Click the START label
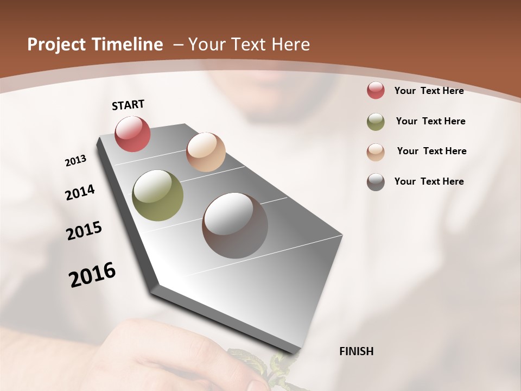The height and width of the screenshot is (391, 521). point(128,105)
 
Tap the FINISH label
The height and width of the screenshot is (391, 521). point(356,351)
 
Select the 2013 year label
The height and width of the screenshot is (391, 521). point(76,161)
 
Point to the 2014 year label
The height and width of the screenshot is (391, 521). point(80,192)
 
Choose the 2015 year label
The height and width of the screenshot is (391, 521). point(84,231)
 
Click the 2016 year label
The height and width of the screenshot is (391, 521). point(92,275)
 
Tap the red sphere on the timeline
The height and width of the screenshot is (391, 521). point(132,134)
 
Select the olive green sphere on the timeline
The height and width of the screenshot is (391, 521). point(157,195)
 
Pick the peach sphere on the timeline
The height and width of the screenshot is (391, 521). point(206,152)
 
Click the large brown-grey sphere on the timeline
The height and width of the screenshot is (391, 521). point(235,225)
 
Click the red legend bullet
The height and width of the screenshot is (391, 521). point(376,91)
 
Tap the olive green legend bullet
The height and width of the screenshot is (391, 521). point(376,122)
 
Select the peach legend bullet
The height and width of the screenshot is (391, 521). point(376,152)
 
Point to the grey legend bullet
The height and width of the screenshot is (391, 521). point(376,182)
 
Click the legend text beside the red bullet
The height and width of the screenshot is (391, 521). point(429,91)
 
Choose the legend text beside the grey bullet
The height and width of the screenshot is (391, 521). point(429,181)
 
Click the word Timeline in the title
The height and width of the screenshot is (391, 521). point(128,45)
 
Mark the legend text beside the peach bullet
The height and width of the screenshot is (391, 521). point(431,151)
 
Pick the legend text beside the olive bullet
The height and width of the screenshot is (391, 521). point(430,121)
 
